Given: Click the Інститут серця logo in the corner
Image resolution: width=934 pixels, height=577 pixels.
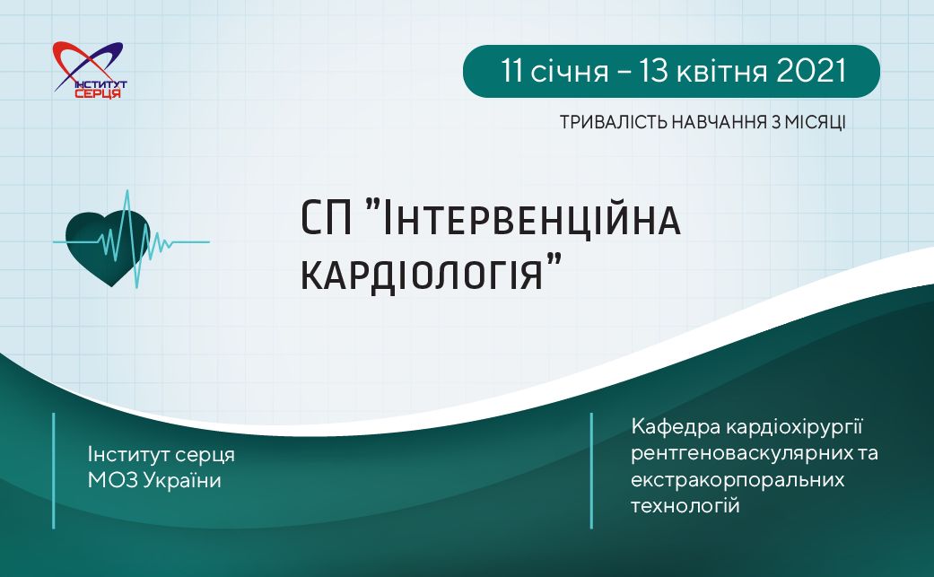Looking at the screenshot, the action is tap(90, 70).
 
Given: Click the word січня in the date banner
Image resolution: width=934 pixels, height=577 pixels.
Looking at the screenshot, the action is tap(570, 71).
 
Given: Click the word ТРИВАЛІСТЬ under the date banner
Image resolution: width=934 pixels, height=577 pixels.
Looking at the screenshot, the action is tap(613, 122).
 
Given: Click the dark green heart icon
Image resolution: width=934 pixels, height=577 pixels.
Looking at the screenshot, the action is tap(109, 247).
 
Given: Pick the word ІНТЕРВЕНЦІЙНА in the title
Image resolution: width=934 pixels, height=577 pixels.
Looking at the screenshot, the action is tap(529, 219).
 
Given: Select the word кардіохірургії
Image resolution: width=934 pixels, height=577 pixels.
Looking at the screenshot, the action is tap(795, 427).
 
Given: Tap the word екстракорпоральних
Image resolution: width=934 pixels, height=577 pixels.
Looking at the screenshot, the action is tap(738, 479).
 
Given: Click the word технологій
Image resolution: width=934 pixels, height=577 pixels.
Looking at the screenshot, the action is tap(685, 505).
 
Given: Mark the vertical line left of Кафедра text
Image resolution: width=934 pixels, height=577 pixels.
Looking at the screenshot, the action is tap(591, 470).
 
